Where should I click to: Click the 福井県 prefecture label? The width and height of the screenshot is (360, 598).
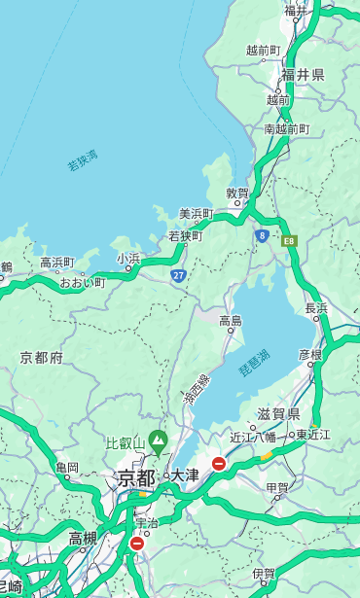click(303, 75)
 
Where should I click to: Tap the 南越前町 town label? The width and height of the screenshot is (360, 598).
click(286, 128)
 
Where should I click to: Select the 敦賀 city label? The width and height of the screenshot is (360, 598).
click(237, 193)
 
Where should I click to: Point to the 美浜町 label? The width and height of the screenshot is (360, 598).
click(196, 214)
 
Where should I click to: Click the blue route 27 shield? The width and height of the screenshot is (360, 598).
click(179, 276)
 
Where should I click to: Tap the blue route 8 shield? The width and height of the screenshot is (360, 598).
click(262, 235)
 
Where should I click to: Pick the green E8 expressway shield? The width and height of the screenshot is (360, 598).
click(289, 240)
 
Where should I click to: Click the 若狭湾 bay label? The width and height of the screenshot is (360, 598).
click(82, 160)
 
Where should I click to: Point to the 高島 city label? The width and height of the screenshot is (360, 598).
click(231, 321)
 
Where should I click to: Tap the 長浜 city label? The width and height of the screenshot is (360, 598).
click(316, 308)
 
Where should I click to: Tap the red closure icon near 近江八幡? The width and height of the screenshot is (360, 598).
click(219, 464)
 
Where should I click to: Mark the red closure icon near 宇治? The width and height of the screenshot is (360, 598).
click(136, 544)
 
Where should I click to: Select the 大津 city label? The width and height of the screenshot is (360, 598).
click(184, 476)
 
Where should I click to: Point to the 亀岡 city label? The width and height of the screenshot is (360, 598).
click(66, 468)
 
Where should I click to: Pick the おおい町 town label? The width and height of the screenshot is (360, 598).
click(82, 282)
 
